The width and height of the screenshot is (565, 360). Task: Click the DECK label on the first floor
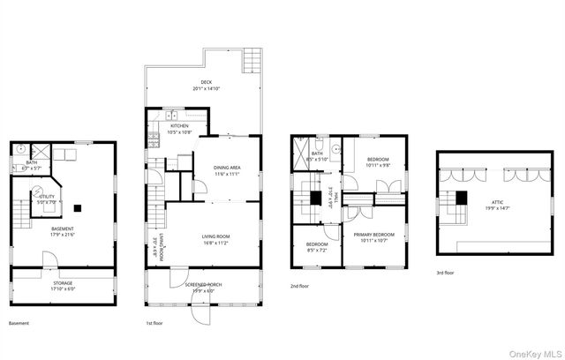(205, 81)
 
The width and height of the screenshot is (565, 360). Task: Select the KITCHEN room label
(179, 125)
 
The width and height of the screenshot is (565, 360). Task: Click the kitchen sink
(174, 115)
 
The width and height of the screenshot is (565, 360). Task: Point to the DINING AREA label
(228, 168)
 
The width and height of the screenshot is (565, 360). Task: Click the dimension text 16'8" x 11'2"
(216, 243)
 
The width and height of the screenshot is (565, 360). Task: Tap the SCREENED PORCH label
(202, 284)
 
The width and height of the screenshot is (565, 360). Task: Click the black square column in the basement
(79, 208)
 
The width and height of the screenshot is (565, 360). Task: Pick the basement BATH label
(32, 162)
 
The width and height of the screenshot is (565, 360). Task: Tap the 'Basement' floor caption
(19, 324)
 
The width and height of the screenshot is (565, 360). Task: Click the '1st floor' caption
(155, 324)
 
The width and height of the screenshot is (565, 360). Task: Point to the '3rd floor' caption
(447, 273)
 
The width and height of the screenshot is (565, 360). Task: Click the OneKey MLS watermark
(533, 349)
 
